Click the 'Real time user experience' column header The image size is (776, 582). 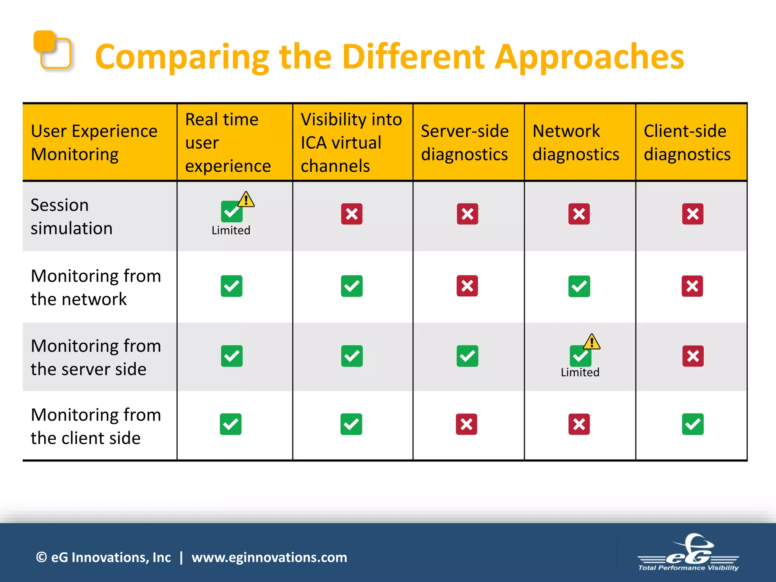coord(228,142)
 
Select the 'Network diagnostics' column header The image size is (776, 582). coord(576,142)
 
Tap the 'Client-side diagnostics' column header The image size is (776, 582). coord(687,142)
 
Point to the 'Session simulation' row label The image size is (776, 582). coord(72,216)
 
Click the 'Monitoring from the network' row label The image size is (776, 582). coord(96,287)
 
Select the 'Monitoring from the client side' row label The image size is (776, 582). coord(96,426)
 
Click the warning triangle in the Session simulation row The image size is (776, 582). coord(246,199)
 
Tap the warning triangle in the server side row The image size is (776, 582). coord(591,342)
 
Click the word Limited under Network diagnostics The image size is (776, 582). coord(580,372)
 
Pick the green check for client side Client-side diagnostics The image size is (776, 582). coord(693,424)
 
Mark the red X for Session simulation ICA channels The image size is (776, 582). coord(352,214)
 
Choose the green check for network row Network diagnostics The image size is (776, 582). coord(579,286)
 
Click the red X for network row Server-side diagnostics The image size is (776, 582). coord(467,286)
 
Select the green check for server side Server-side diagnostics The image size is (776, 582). coord(467,356)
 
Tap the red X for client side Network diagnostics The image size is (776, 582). coord(579,424)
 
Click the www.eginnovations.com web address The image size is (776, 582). coord(269,557)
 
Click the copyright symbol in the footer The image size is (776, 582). coord(41,557)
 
